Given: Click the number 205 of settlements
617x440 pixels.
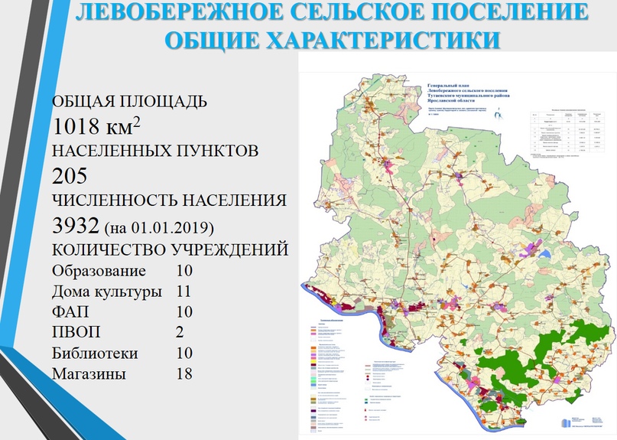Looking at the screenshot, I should pos(70,175).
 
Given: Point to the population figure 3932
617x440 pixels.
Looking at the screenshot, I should pos(76,226).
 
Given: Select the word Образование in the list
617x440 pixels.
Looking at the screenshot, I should pos(99,271).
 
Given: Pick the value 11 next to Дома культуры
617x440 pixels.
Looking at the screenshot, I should pos(183,292).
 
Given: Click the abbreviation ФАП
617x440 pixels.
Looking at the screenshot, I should pos(70,312).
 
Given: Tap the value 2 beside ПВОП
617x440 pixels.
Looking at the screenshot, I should pos(179,333).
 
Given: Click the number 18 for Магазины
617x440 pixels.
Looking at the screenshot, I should pos(183,374).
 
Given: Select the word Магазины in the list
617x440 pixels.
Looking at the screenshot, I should pos(89,374).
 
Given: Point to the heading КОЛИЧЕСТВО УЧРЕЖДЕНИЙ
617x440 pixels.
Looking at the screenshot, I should pos(170,250).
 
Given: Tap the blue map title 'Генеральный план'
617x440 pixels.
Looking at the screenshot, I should pos(448,80).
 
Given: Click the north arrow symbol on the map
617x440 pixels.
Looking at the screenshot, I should pos(501,116).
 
